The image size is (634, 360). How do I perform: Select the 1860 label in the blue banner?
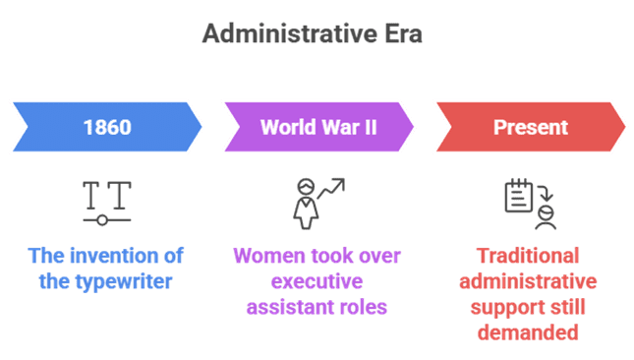pos(107,127)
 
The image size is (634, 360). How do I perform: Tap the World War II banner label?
pos(319,127)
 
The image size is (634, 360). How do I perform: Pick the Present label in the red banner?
pos(531,127)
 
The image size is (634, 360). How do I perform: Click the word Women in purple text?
pos(264,256)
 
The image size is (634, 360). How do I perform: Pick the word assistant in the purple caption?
pos(293,306)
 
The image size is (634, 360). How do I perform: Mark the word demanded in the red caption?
pos(531,331)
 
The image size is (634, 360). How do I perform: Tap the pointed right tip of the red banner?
pos(626,127)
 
